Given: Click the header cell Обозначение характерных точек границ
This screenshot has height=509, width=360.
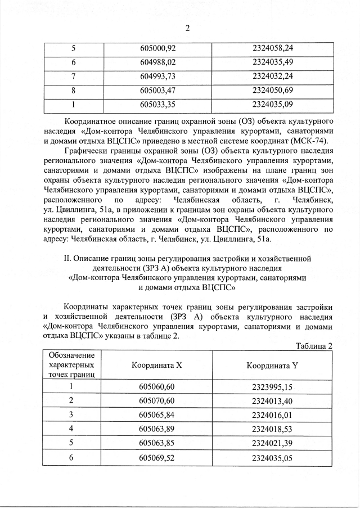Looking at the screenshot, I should pyautogui.click(x=71, y=364).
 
